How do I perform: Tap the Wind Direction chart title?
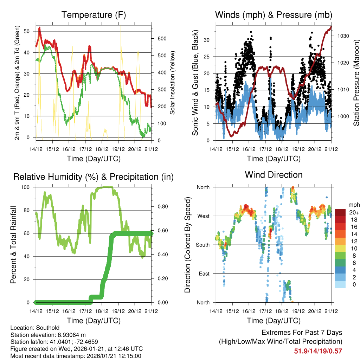[274, 175]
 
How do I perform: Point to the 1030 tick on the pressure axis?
[343, 36]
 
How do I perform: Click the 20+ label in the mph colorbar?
[354, 212]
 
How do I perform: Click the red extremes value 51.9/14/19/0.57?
[318, 351]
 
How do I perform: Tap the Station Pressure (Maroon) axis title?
[356, 83]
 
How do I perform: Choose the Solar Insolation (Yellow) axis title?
[172, 83]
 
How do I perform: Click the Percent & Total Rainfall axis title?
[13, 245]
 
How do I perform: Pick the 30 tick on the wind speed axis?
[207, 40]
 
